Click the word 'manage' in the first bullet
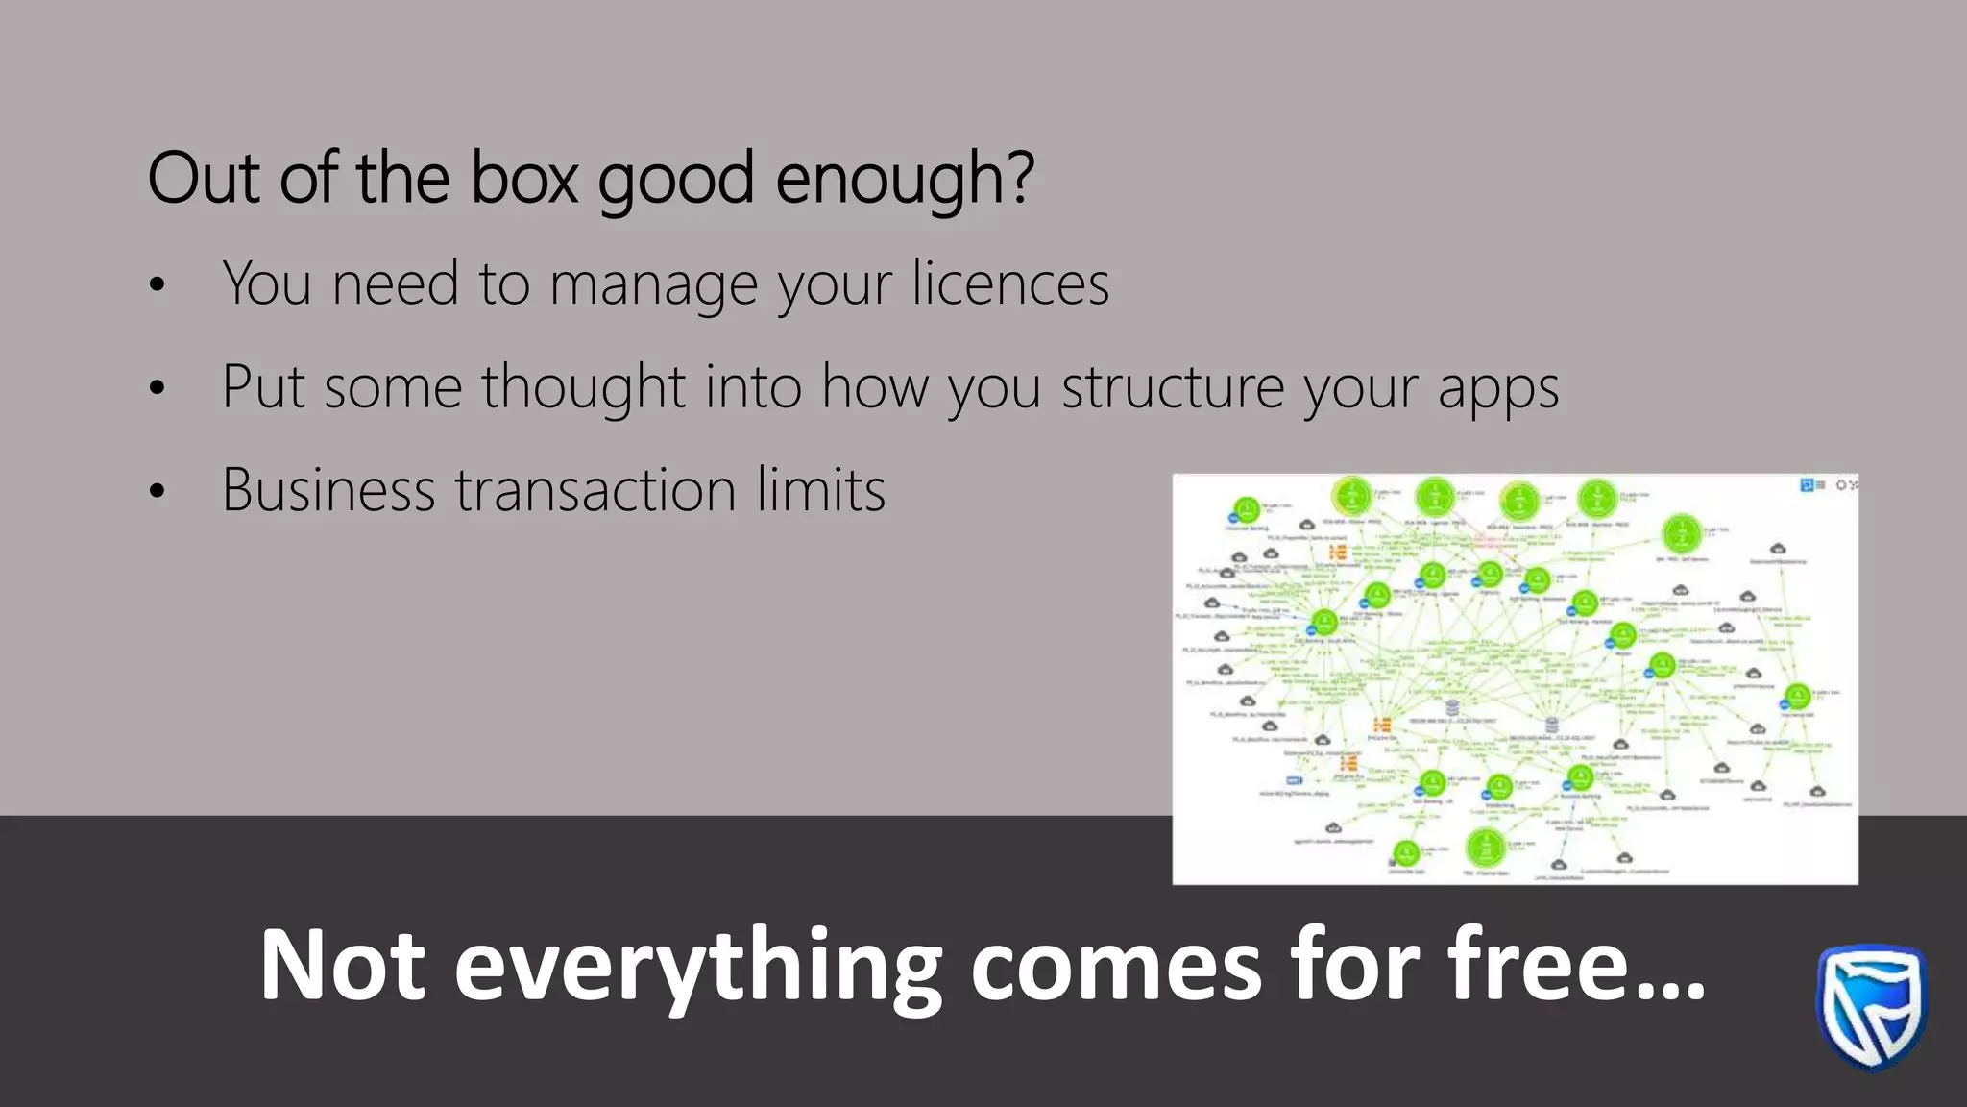(653, 286)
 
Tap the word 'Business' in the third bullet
(328, 490)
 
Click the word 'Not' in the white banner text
(342, 965)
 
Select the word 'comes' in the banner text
(1116, 967)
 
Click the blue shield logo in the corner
(1871, 1007)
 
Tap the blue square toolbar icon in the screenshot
(1806, 485)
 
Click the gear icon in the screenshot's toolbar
(1841, 485)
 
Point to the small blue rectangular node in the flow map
(1294, 780)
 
